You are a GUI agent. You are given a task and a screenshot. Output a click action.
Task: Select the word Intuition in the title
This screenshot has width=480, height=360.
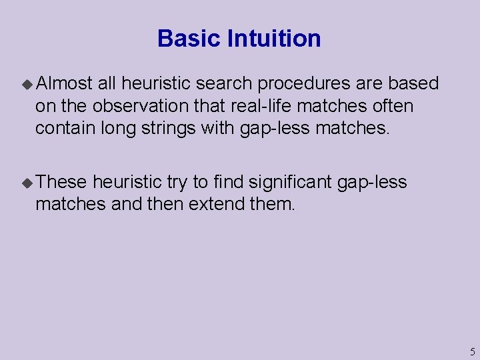point(274,39)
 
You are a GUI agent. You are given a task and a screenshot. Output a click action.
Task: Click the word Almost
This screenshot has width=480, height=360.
point(64,83)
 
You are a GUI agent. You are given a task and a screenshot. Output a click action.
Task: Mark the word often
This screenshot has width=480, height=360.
point(392,106)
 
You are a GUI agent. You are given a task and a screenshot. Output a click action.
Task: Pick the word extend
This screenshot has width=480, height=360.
point(217,204)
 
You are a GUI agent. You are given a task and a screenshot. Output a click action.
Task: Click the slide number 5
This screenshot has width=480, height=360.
point(471,352)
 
